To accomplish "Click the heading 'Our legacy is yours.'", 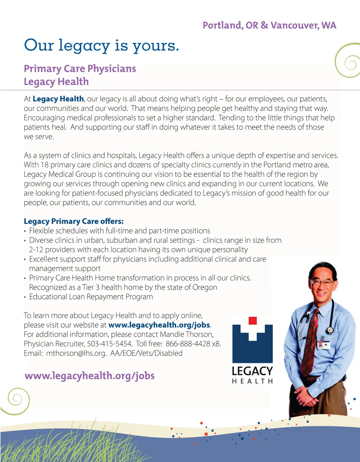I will point(102,46).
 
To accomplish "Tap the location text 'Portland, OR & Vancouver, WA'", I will point(269,25).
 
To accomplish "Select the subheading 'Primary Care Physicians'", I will point(80,69).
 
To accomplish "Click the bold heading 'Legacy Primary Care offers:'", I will point(74,221).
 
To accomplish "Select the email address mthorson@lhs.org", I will point(76,353).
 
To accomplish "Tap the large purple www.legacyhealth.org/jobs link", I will point(90,376).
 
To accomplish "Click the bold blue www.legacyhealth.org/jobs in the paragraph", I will point(159,325).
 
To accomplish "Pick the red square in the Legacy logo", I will point(252,320).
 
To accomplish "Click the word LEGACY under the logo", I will point(252,371).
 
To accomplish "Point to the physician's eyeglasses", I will point(322,282).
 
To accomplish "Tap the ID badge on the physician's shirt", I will point(323,344).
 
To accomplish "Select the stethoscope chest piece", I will point(330,330).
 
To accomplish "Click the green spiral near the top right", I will point(348,62).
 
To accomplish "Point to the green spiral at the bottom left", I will point(16,400).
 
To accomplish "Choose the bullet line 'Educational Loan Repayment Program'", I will point(91,296).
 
